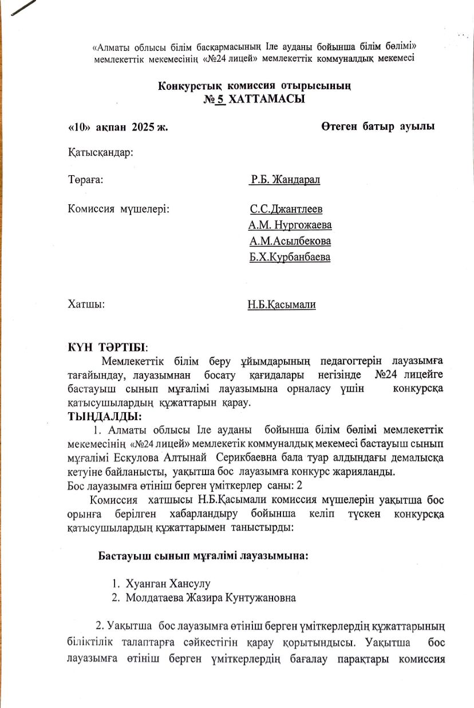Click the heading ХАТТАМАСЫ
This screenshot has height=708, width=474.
[268, 99]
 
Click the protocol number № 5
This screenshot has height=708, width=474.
[215, 99]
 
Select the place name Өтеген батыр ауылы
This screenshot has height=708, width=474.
[377, 126]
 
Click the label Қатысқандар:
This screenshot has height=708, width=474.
[101, 153]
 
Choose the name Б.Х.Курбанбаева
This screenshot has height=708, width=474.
[290, 258]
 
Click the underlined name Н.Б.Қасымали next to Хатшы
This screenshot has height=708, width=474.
[282, 305]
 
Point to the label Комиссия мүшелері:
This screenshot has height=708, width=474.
[118, 209]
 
